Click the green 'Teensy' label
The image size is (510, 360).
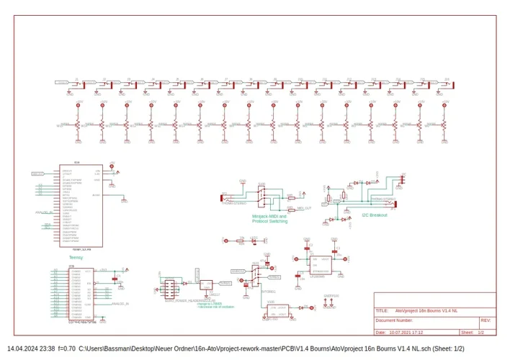pyautogui.click(x=76, y=257)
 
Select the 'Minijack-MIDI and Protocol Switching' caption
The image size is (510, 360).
pyautogui.click(x=269, y=219)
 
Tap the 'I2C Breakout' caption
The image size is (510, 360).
pyautogui.click(x=374, y=215)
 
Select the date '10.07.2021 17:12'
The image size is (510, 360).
pyautogui.click(x=406, y=333)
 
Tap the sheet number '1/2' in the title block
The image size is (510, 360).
pyautogui.click(x=481, y=333)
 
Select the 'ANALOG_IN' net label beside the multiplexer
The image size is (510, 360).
pyautogui.click(x=120, y=305)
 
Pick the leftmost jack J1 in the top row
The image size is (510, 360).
pyautogui.click(x=69, y=84)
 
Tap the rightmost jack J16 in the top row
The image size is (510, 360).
pyautogui.click(x=442, y=84)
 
